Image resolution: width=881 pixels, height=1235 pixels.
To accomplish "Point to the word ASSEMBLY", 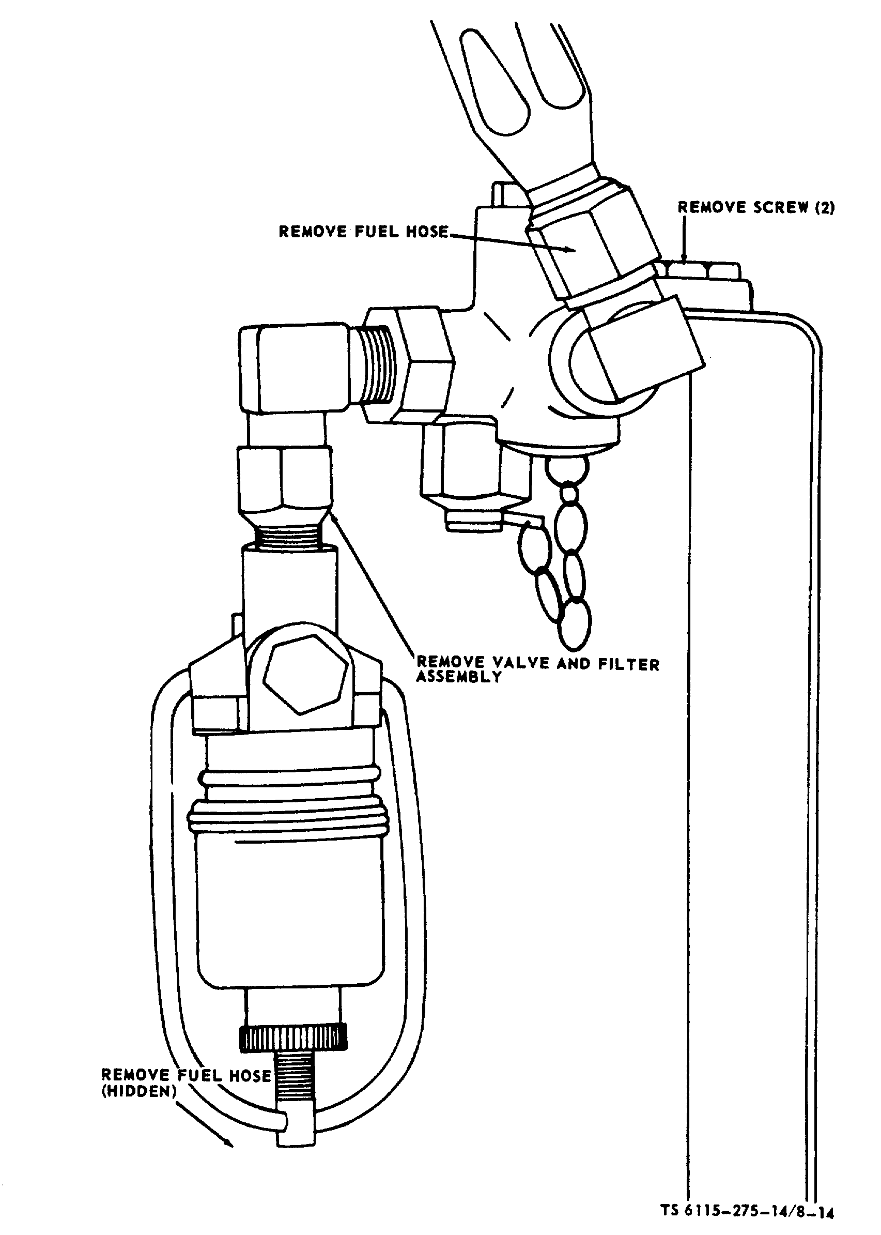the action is coord(458,677).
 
